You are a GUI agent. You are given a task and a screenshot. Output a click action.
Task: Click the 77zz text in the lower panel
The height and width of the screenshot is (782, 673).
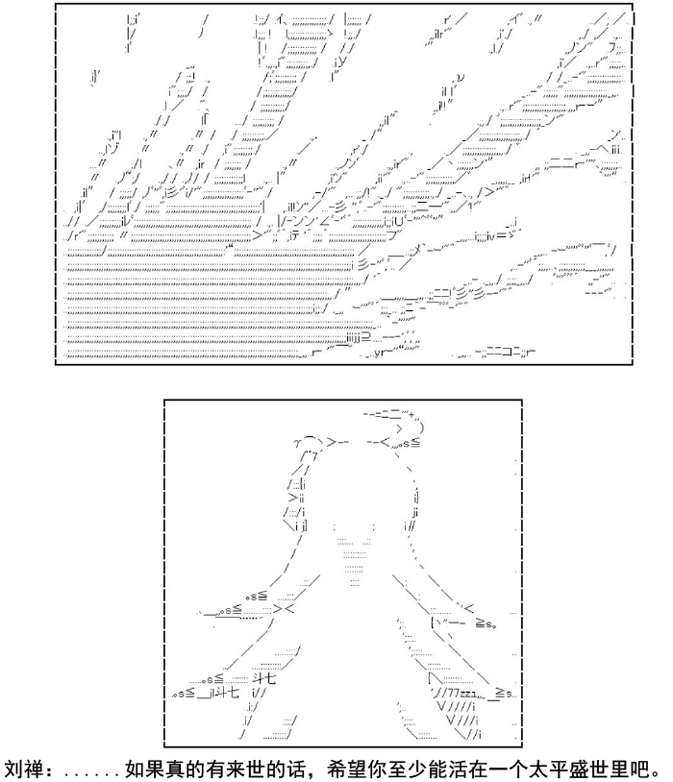pos(461,693)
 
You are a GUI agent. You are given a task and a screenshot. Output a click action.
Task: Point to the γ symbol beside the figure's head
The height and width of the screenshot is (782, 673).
pos(296,442)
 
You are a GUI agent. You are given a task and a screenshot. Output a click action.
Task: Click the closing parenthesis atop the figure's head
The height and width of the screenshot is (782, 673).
pos(422,428)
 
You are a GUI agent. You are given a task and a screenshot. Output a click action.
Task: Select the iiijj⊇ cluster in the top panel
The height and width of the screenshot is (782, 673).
pos(358,338)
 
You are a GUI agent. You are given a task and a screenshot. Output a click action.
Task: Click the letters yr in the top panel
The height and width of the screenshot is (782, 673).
pos(378,354)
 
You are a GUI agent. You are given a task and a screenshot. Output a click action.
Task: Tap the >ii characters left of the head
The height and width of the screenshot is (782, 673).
pos(296,498)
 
